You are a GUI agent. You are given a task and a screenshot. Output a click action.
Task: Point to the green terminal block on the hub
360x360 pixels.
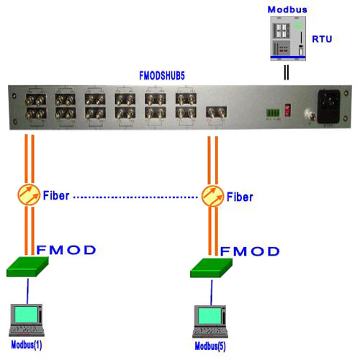click(270, 112)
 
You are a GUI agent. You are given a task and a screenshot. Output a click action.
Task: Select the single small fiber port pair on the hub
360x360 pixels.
click(217, 112)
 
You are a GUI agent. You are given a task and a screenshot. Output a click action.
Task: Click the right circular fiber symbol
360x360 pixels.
click(212, 195)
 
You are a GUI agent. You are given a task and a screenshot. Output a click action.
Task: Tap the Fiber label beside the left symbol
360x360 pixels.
click(58, 194)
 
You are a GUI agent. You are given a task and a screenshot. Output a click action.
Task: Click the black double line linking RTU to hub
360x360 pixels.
click(288, 73)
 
